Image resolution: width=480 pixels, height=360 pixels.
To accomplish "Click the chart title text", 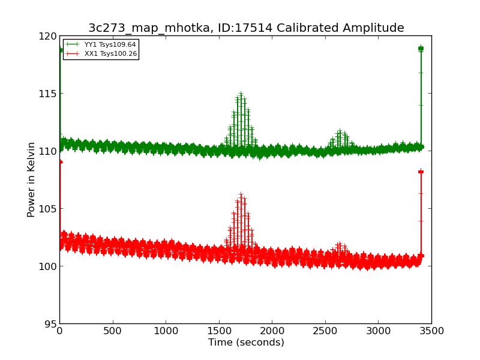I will (x=246, y=28).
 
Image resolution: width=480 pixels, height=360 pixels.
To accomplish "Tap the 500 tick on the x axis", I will (x=112, y=331).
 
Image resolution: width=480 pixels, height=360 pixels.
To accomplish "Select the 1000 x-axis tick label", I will (x=166, y=331).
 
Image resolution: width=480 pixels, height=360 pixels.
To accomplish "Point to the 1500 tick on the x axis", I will (x=218, y=331).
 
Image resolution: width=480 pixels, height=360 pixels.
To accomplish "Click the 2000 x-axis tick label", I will (x=272, y=331).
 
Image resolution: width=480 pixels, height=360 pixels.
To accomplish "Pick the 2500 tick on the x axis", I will (x=325, y=331).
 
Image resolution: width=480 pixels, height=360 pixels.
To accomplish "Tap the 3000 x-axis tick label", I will (x=378, y=331).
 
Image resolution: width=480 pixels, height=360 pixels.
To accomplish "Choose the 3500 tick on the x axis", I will (x=431, y=331).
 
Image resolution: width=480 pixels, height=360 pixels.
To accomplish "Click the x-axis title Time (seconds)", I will (x=246, y=343).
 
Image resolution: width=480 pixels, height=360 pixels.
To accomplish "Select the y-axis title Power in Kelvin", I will (x=31, y=179).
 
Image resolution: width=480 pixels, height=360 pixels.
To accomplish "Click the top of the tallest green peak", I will (x=241, y=94).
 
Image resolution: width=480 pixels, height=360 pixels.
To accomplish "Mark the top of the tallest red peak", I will (x=241, y=194).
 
